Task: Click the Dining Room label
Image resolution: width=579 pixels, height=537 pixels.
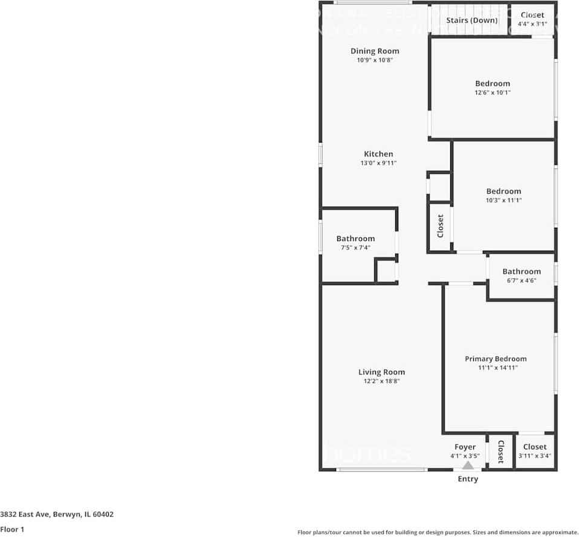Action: [x=375, y=51]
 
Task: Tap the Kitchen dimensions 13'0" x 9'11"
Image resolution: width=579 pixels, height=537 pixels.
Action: [x=378, y=163]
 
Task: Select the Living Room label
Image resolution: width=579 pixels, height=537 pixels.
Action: [x=381, y=372]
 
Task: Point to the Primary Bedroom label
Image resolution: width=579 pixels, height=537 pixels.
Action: [x=496, y=359]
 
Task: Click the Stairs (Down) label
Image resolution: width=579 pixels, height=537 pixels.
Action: [x=472, y=20]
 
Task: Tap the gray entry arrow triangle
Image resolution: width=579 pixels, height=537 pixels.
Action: [x=468, y=465]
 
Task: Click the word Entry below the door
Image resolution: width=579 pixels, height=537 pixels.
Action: [x=468, y=479]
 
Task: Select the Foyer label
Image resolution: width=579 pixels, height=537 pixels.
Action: [x=465, y=447]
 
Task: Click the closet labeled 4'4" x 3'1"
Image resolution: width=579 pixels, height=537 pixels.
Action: [x=532, y=19]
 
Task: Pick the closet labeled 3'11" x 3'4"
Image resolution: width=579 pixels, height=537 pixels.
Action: [x=535, y=451]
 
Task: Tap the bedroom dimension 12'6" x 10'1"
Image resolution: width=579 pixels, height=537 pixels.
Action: [x=492, y=92]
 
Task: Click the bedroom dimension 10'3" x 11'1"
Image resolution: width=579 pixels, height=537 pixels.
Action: [x=503, y=200]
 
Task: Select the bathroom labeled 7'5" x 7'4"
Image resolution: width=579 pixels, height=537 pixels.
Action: [x=355, y=243]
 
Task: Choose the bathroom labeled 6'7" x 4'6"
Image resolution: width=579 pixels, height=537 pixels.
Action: [x=521, y=276]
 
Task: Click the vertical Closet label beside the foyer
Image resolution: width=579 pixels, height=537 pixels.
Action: [x=500, y=451]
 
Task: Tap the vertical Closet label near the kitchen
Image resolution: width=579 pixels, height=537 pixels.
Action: [x=440, y=226]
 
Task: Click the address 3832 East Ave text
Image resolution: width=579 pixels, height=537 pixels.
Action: [x=57, y=515]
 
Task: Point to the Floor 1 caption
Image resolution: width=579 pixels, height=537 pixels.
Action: [x=12, y=529]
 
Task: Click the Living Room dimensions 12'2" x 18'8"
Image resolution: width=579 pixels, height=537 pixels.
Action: [x=381, y=381]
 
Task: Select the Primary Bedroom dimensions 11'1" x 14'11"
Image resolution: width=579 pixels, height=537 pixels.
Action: [x=496, y=367]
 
